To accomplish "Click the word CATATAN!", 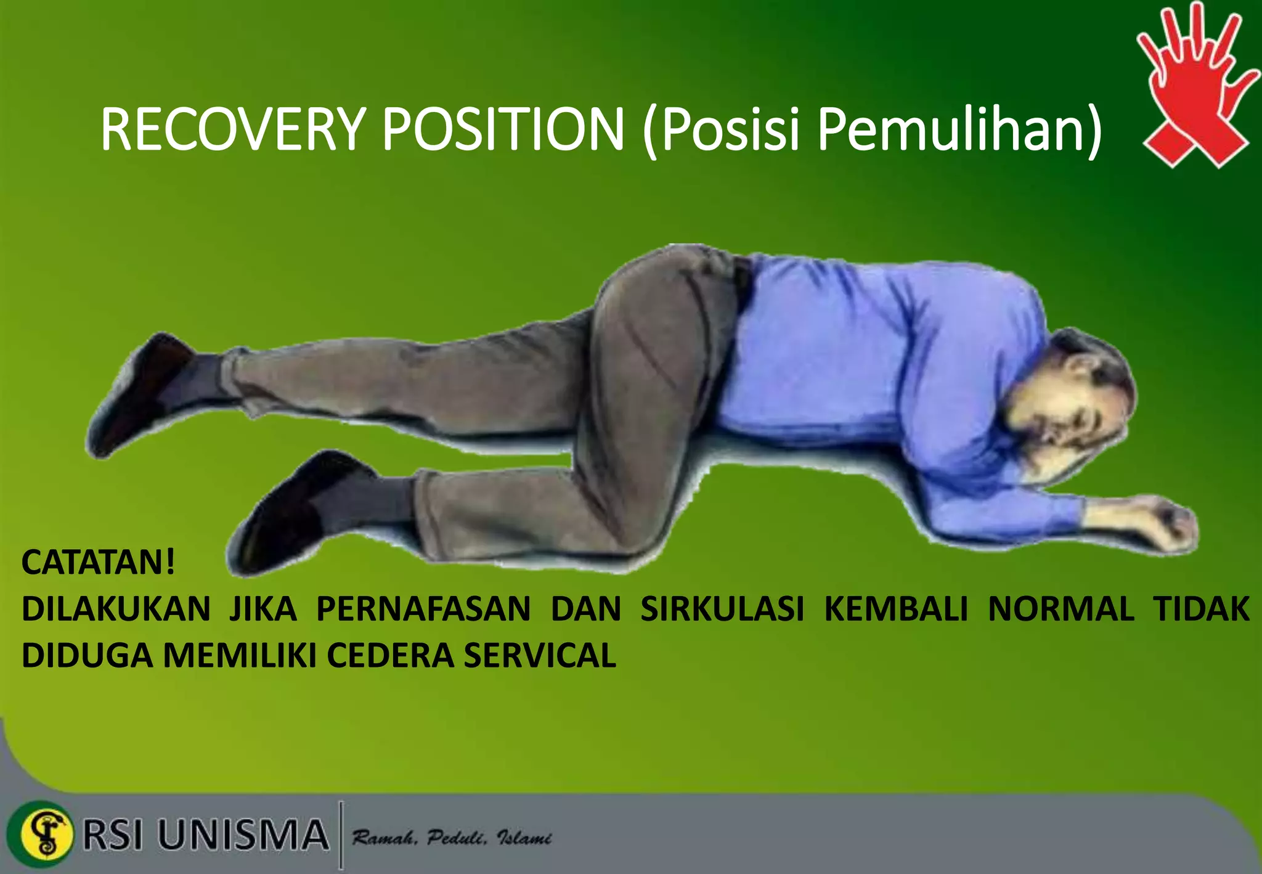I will pos(99,562).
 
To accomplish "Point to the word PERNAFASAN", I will pos(423,609).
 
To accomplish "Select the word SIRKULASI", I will pos(722,609).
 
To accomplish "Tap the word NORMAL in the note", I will pos(1061,609).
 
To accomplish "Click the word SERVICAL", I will pos(539,655).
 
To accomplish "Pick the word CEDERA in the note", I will pos(392,655).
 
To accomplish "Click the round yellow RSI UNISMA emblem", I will pos(46,834).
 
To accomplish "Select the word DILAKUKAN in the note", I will pos(116,609).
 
